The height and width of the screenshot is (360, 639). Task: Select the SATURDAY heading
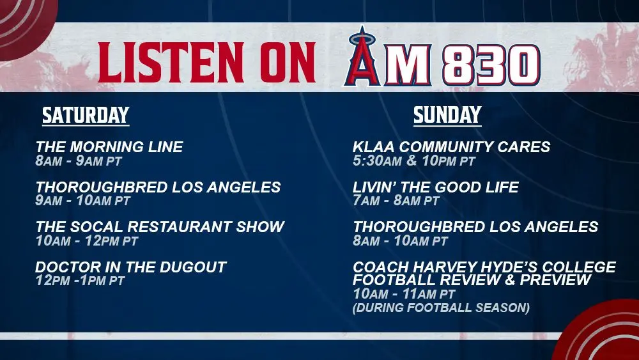click(86, 115)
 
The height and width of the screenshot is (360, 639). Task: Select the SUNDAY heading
click(447, 115)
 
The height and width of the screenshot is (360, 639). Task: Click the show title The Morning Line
click(109, 147)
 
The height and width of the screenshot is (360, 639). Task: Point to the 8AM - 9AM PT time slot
click(78, 160)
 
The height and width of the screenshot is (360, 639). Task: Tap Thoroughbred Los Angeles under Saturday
click(158, 187)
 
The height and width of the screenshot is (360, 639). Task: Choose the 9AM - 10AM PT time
click(82, 200)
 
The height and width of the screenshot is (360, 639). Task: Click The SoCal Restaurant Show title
click(160, 227)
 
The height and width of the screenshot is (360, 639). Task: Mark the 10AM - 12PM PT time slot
click(87, 240)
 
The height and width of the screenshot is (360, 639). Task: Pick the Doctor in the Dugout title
click(131, 267)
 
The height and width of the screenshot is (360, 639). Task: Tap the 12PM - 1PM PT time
click(80, 281)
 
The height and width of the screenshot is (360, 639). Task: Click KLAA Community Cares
click(452, 147)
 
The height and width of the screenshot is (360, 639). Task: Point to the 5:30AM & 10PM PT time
click(414, 160)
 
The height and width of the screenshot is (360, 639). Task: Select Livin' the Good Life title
click(436, 187)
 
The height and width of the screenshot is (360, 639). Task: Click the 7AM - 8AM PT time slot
click(396, 200)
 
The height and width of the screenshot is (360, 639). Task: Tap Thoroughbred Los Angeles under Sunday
click(475, 227)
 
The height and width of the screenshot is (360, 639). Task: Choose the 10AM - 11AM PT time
click(404, 293)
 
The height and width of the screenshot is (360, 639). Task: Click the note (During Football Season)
click(441, 308)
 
